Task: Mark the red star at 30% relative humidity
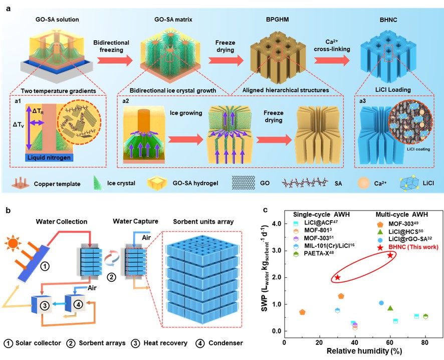point(337,277)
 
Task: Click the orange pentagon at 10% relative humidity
point(302,312)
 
